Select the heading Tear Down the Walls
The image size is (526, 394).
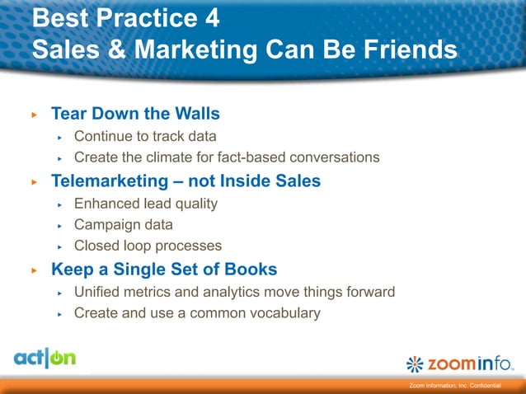[x=135, y=113]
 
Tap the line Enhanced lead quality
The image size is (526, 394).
[x=146, y=203]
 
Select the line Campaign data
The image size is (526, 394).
[x=124, y=224]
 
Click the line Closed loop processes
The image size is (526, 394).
[x=148, y=246]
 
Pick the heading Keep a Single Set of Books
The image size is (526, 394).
[x=164, y=270]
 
